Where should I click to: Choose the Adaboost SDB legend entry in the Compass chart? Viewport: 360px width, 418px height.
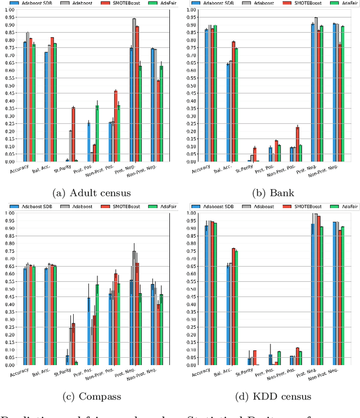[41, 206]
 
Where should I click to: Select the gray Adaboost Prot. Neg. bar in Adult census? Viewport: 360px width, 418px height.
[134, 90]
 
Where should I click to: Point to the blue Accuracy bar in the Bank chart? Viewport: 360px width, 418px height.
[206, 96]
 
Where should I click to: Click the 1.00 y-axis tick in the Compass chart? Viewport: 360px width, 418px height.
[10, 213]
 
